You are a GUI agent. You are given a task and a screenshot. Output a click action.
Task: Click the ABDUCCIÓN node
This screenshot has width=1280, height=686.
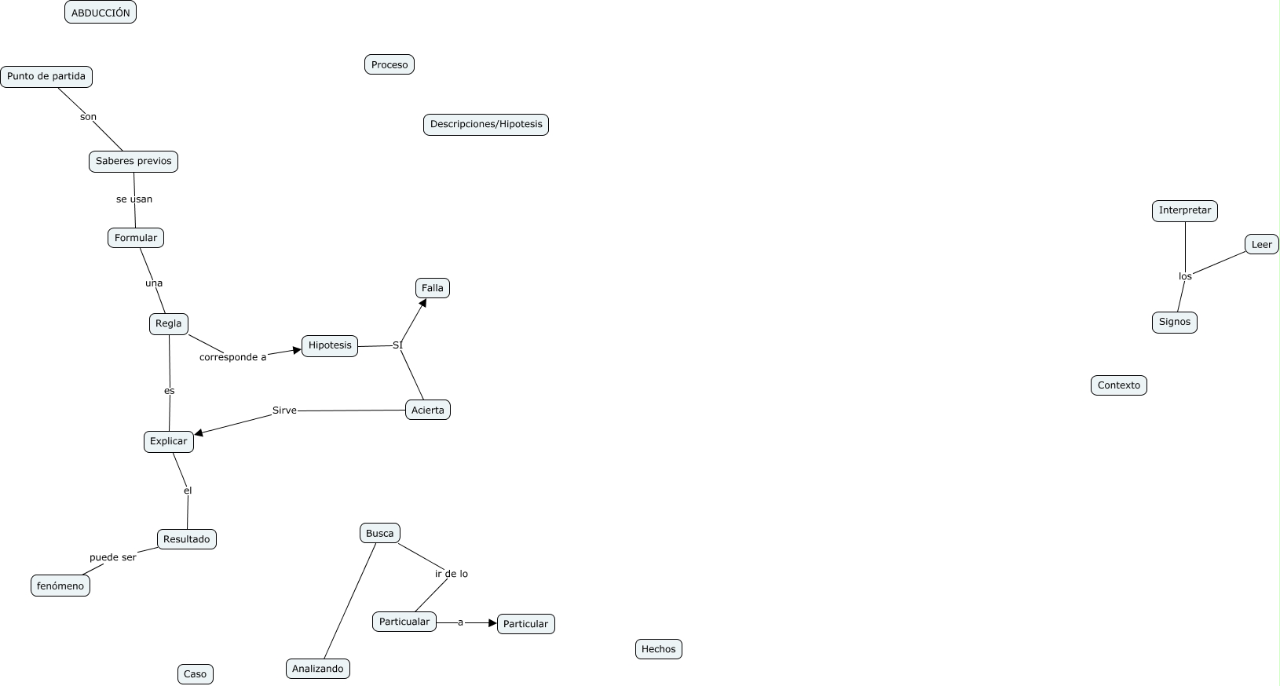click(x=101, y=13)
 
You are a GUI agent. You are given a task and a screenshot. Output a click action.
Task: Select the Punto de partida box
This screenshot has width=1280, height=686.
click(x=46, y=77)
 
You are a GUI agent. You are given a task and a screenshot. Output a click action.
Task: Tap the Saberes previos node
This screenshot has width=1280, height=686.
click(x=133, y=162)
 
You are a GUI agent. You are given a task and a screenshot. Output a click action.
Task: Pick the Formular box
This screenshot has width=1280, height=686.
click(x=136, y=238)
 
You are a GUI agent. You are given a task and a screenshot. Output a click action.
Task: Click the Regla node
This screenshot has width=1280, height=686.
click(x=169, y=323)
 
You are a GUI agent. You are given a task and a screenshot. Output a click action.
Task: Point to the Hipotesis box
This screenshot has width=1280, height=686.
click(x=330, y=345)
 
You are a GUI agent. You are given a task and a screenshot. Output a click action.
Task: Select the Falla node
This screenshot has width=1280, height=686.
click(x=433, y=288)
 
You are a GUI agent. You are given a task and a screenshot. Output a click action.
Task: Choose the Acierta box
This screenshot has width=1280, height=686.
click(x=428, y=410)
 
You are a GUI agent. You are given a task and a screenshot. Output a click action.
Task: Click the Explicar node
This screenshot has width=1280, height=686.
click(x=169, y=441)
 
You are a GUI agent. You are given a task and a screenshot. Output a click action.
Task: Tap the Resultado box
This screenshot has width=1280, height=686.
click(x=187, y=539)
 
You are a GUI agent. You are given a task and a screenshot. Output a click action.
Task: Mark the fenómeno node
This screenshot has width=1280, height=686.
click(x=60, y=586)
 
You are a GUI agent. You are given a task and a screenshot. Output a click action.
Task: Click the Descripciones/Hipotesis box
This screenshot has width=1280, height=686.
click(x=486, y=124)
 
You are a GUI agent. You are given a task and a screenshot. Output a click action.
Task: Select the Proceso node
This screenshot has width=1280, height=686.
click(x=389, y=64)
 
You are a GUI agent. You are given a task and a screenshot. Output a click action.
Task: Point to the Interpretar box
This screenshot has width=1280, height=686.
click(x=1185, y=210)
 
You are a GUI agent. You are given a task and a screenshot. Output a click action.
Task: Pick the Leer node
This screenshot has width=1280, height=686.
click(x=1262, y=245)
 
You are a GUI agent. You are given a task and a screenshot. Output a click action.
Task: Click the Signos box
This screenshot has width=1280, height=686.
click(x=1175, y=322)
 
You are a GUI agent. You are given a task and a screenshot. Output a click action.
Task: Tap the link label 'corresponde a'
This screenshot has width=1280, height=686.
click(x=233, y=357)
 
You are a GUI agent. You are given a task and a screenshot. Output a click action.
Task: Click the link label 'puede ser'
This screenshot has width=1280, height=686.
click(x=113, y=557)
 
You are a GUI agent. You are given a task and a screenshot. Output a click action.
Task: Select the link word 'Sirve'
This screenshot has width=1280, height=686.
click(x=284, y=411)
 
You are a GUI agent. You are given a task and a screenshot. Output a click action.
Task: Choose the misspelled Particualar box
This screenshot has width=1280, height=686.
click(x=404, y=622)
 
